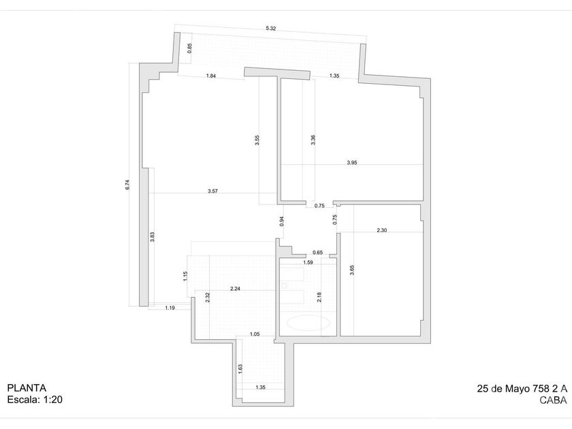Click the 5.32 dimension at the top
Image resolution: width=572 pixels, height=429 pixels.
[271, 29]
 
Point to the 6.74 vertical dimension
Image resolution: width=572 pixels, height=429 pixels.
[127, 184]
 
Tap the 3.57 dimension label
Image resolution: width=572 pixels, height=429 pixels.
[213, 191]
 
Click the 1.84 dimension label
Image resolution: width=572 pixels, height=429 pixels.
[211, 76]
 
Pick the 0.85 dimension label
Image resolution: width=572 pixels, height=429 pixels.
[189, 48]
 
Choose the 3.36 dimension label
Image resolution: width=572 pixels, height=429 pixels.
[313, 140]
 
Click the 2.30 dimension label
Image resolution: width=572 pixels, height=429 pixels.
[382, 230]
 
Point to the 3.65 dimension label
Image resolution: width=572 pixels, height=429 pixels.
[351, 269]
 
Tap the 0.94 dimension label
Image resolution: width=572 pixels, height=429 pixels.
[281, 220]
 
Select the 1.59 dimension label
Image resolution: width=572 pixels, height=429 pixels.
[308, 262]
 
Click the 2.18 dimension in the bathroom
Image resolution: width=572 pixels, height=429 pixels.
[319, 296]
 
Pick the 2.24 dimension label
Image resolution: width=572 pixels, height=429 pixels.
[235, 289]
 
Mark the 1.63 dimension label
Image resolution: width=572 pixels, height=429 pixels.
[240, 368]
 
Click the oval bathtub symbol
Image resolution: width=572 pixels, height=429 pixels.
[308, 322]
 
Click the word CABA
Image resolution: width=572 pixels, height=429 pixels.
[552, 400]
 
